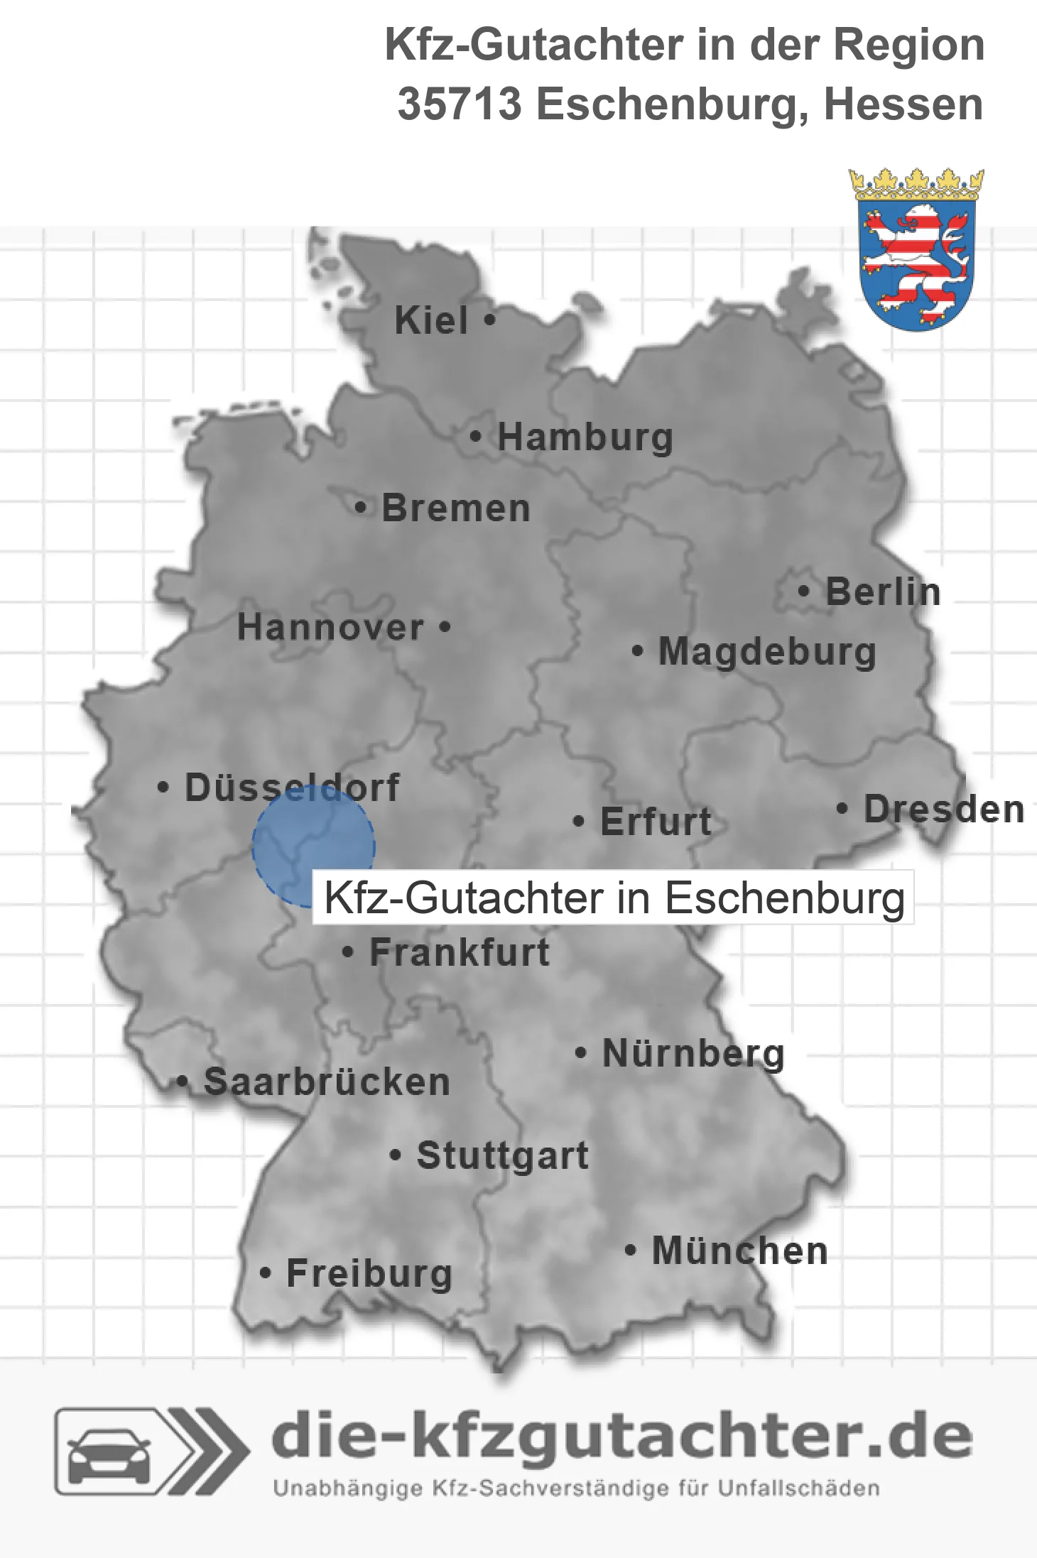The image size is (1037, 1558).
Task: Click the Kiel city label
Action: coord(431,320)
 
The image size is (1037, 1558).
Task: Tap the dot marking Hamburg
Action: coord(475,437)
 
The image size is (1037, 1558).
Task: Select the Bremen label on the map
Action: coord(456,508)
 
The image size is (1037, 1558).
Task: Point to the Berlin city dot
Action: coord(803,591)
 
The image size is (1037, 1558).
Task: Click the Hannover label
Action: coord(330,628)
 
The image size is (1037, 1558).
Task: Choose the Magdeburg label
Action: coord(767,651)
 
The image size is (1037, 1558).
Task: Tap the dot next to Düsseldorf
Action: coord(163,788)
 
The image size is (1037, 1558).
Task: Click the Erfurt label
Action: coord(656,822)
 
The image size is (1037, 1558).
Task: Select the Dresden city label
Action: coord(944,810)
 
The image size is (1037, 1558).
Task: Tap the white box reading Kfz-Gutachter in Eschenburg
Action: coord(614,898)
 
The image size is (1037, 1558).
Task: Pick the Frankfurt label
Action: coord(460,952)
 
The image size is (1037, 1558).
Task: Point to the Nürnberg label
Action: coord(693,1053)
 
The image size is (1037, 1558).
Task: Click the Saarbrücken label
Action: coord(327,1082)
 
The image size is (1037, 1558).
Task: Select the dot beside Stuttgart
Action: coord(396,1155)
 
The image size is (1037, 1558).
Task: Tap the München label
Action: coord(740,1251)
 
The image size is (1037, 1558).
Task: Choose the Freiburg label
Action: coord(369,1273)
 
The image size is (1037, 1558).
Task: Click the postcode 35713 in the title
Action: coord(460,104)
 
